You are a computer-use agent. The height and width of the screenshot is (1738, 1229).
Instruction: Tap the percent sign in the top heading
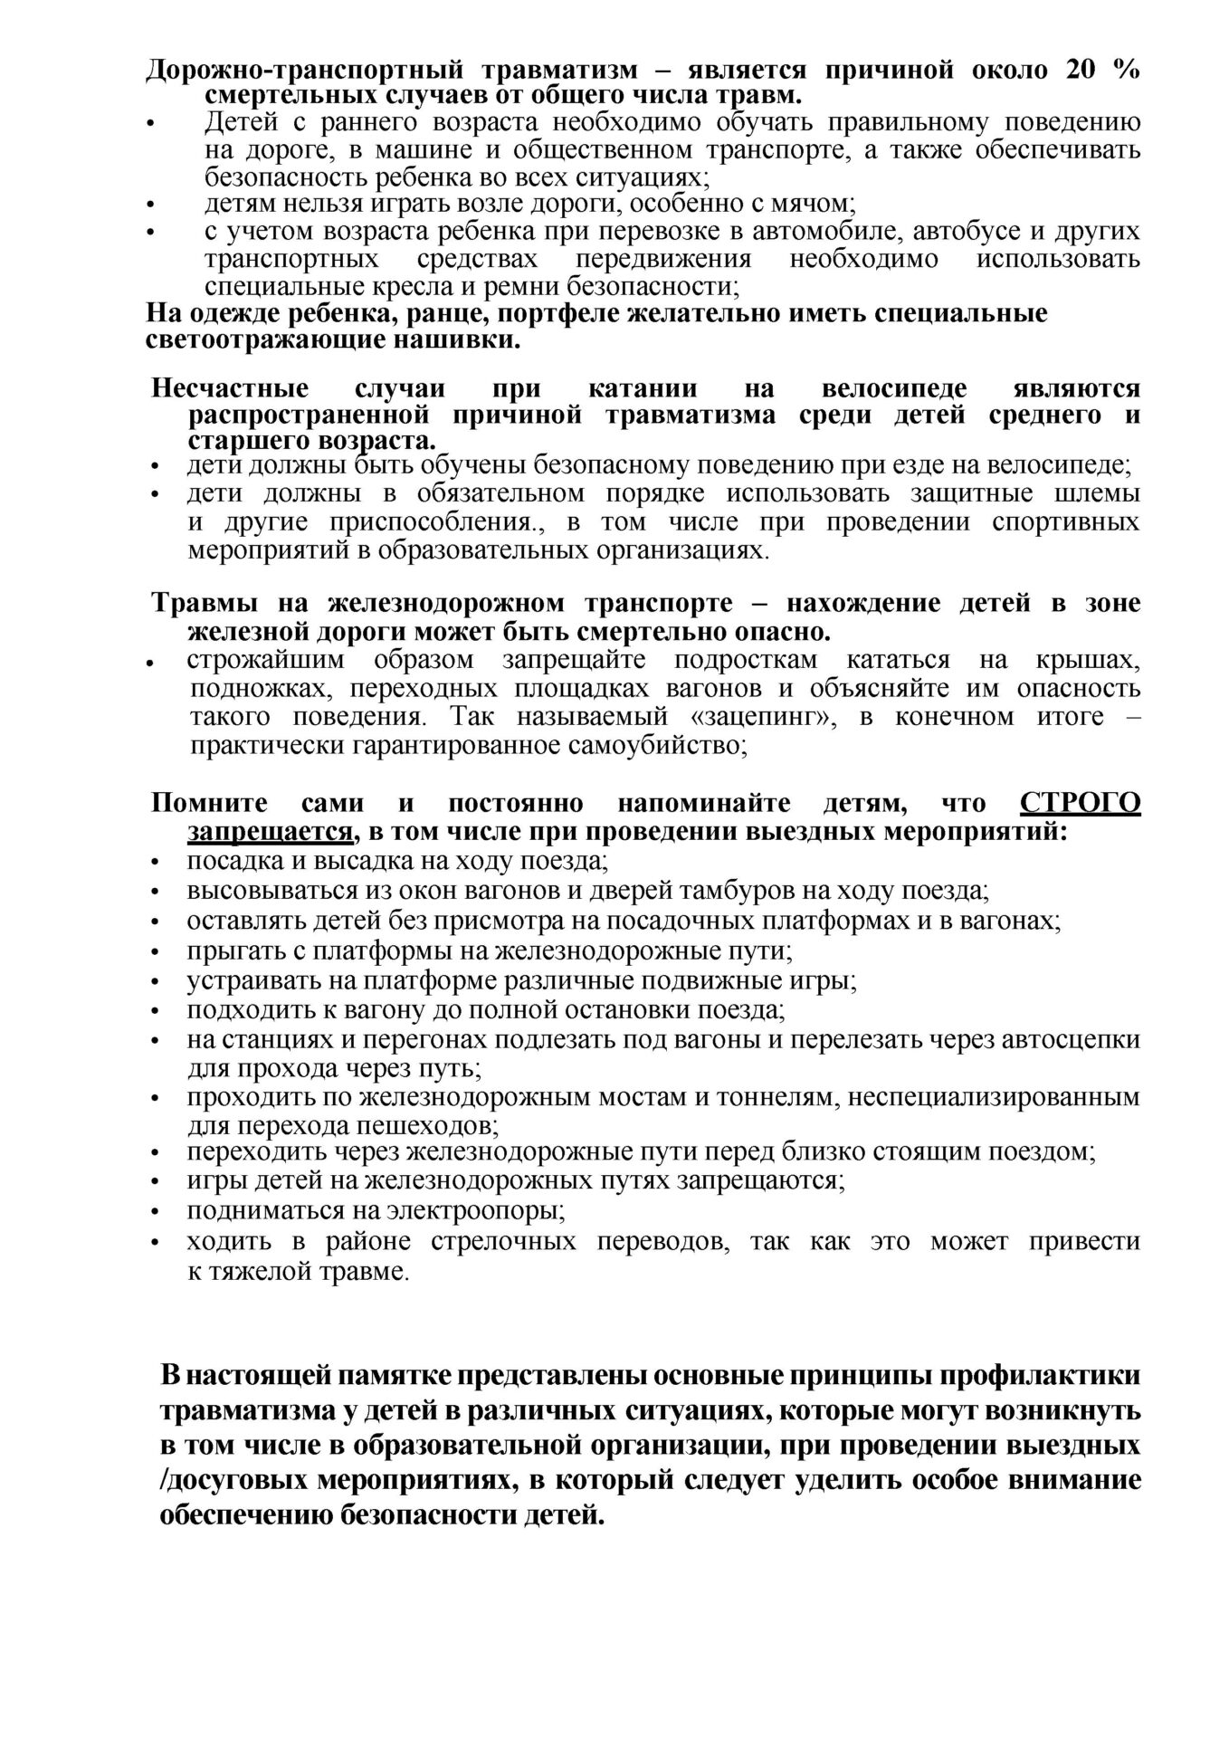[x=1127, y=70]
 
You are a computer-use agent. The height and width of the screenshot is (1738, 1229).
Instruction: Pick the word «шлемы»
[x=1101, y=493]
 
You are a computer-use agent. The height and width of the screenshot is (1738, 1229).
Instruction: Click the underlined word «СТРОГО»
[x=1080, y=803]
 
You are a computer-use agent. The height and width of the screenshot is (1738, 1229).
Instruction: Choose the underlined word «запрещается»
[x=270, y=831]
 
